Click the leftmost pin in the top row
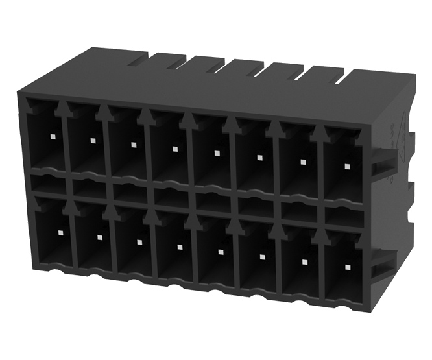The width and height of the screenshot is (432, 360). (52, 137)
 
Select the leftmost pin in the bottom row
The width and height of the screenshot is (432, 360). (59, 233)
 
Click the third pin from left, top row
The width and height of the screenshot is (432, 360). (134, 145)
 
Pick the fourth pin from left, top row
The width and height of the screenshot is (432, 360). (175, 149)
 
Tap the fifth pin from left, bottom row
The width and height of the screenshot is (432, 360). (221, 252)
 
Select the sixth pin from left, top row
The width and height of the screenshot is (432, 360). (259, 157)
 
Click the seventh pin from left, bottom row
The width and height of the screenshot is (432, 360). (304, 261)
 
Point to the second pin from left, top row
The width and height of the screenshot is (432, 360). (93, 141)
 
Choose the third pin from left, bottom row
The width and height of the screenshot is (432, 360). (139, 242)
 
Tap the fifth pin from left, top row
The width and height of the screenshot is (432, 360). (217, 153)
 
